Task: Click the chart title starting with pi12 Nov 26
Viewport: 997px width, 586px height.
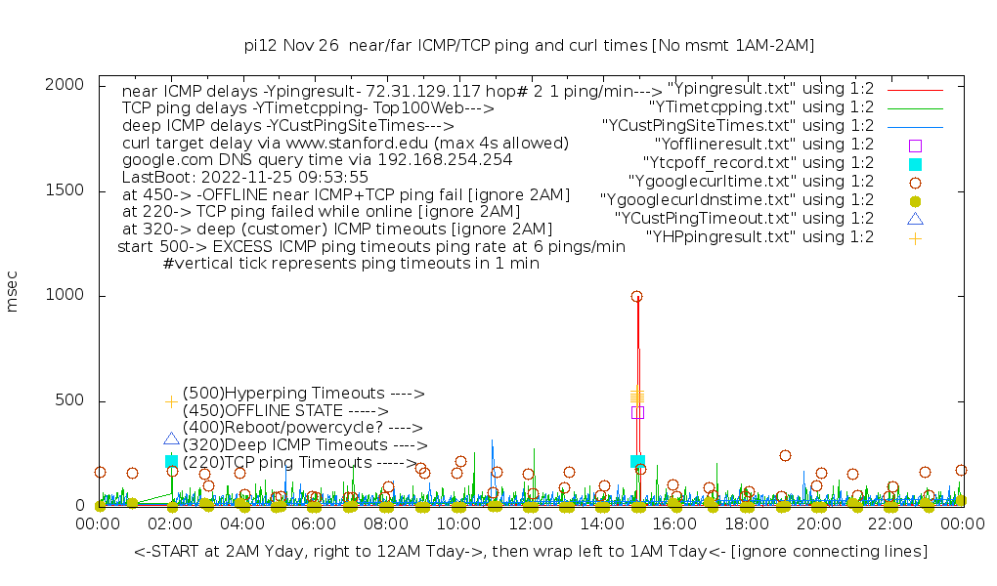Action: [x=529, y=46]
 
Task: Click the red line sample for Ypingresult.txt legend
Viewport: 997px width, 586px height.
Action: [x=915, y=89]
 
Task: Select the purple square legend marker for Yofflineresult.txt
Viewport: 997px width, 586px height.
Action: [x=915, y=145]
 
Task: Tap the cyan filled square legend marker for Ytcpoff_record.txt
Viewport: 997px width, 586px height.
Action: [x=915, y=163]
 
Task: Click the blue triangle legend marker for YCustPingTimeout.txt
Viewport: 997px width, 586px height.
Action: [x=915, y=219]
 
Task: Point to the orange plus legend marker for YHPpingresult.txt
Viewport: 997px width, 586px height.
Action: [x=915, y=237]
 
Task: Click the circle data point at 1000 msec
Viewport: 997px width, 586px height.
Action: [x=636, y=296]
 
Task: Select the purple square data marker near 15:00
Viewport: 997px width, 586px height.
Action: [x=637, y=412]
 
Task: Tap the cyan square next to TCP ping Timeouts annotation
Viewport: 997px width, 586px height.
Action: [x=171, y=461]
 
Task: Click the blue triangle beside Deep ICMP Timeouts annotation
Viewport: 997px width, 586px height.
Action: [x=171, y=439]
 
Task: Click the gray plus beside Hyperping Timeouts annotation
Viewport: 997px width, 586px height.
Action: [x=171, y=401]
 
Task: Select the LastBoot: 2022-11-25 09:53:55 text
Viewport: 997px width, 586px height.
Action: [x=244, y=177]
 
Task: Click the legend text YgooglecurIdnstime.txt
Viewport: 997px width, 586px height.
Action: [x=737, y=200]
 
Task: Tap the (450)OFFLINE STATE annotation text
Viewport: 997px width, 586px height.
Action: [x=285, y=411]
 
